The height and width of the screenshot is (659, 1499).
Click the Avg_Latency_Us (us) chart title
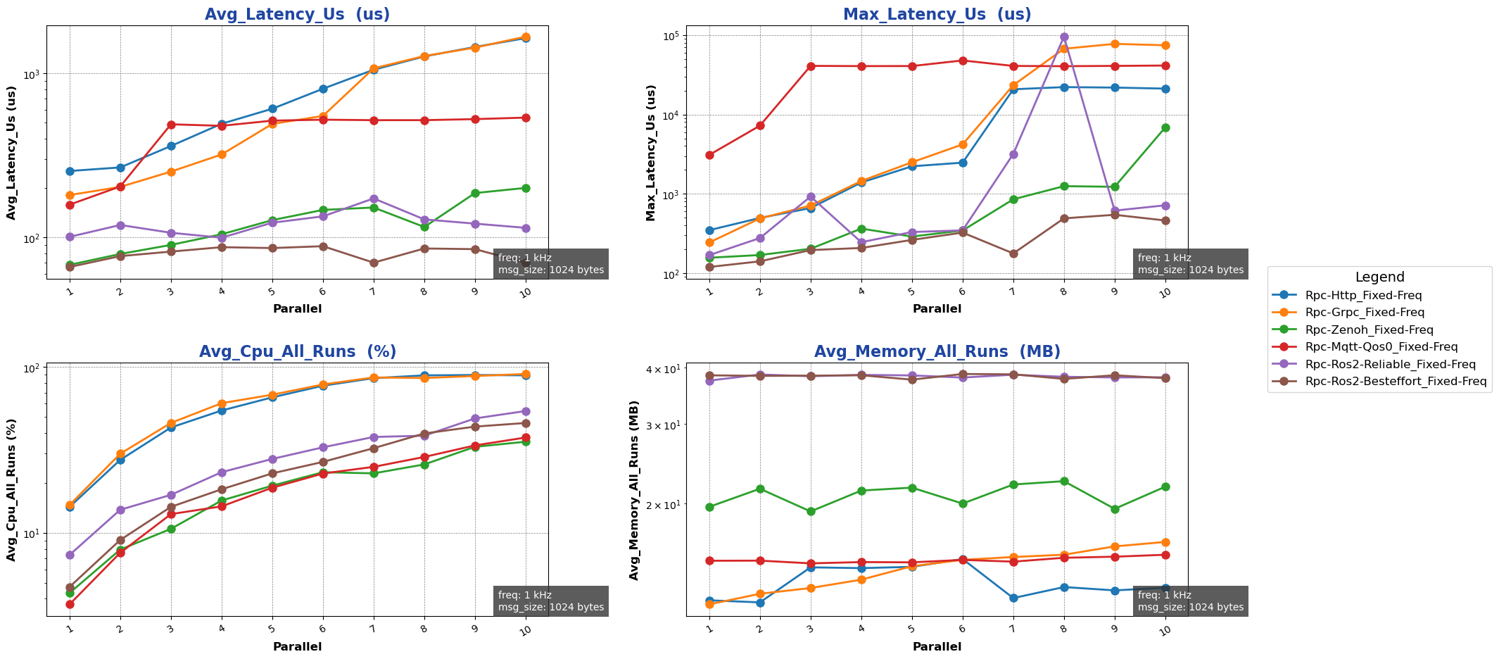coord(297,15)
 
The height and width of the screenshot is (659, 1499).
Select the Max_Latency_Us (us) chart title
coord(937,15)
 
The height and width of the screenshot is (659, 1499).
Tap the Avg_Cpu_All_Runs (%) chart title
coord(297,352)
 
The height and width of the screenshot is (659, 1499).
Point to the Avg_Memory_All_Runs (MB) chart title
coord(937,352)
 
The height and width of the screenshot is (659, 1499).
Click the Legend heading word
coord(1379,277)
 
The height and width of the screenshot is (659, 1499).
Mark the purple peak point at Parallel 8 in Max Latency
coord(1064,37)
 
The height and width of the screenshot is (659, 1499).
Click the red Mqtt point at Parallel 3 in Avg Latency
coord(171,125)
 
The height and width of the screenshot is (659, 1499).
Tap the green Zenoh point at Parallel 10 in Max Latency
coord(1165,127)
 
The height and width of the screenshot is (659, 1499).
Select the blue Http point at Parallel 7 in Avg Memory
coord(1013,598)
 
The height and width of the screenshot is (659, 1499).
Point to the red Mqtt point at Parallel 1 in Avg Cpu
coord(70,604)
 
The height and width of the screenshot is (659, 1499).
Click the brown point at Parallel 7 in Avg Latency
coord(374,263)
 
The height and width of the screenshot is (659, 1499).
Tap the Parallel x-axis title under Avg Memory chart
coord(937,646)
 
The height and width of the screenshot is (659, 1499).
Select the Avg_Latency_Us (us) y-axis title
coord(12,153)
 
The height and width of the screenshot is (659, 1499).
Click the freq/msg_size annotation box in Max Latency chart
coord(1190,264)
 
